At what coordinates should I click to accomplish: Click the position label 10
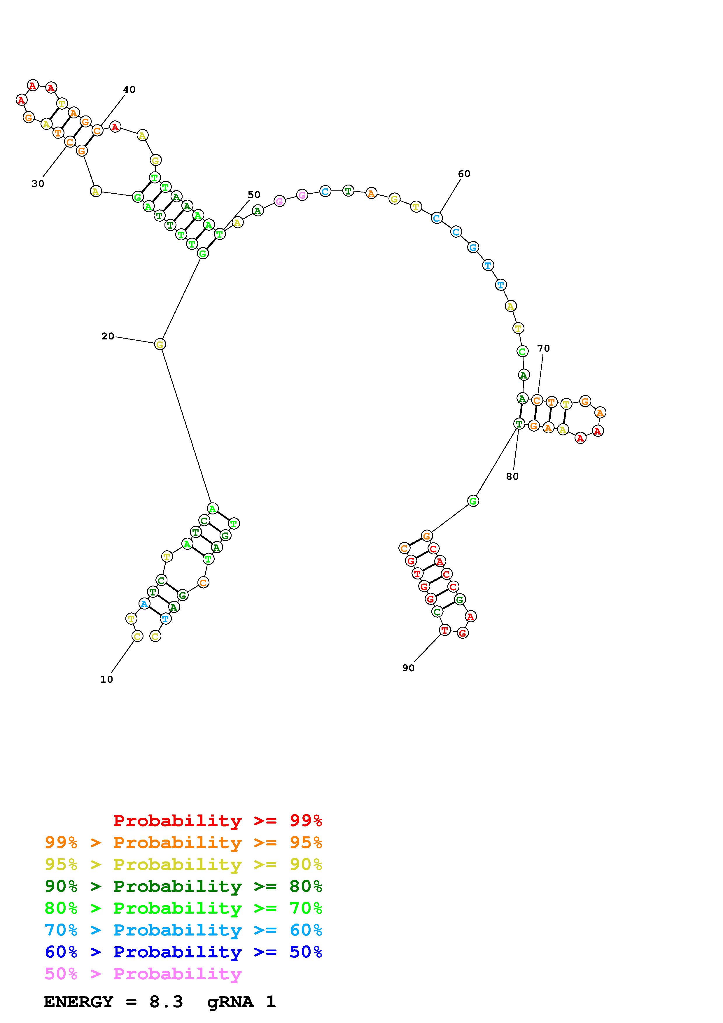pos(106,679)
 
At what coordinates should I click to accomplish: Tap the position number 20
pos(108,337)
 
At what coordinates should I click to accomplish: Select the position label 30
pos(38,183)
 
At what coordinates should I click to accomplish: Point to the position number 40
pos(129,90)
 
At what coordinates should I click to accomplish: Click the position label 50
pos(254,195)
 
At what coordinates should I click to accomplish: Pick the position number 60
pos(464,174)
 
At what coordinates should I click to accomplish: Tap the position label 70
pos(543,348)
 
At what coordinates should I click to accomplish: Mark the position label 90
pos(408,668)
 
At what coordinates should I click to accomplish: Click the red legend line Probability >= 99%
pos(218,821)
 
